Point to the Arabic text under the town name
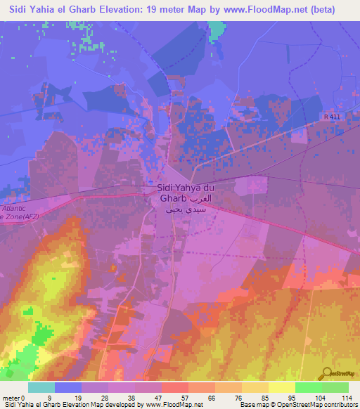190,209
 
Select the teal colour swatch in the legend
41,387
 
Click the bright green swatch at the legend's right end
335,387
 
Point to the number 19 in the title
160,9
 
